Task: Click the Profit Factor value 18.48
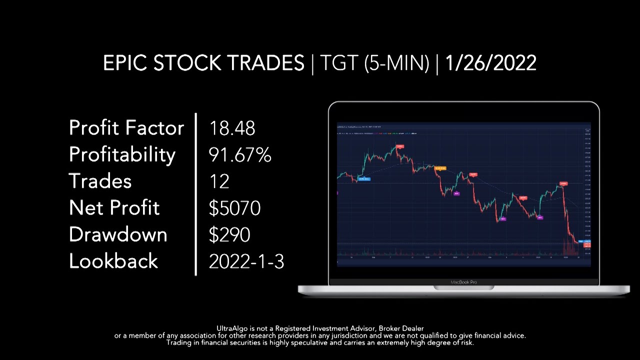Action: [x=232, y=128]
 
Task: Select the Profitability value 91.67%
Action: [x=240, y=155]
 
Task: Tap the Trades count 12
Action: [x=219, y=181]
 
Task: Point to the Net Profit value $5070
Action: [x=234, y=208]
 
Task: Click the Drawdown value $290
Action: [x=229, y=235]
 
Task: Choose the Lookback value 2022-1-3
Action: [x=246, y=261]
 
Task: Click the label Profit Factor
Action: [x=126, y=128]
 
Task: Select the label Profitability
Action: [x=122, y=155]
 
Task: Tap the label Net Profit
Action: [x=114, y=208]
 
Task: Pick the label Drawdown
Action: [x=118, y=235]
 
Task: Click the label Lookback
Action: [x=113, y=261]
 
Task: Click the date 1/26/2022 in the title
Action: [x=490, y=63]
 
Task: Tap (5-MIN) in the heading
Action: [x=396, y=63]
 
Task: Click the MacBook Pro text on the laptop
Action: [x=463, y=282]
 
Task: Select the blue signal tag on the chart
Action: [x=364, y=179]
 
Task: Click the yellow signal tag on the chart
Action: [x=440, y=168]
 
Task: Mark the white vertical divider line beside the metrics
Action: [x=195, y=194]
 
